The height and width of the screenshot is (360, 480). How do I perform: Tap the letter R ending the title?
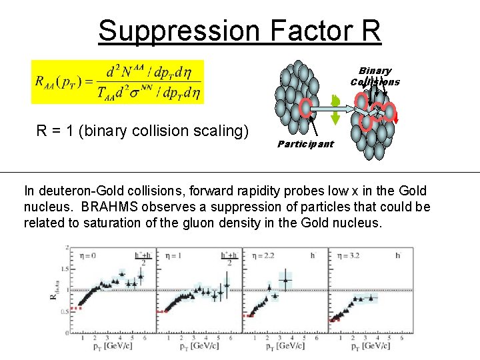370,31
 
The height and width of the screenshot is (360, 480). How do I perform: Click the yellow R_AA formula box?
117,82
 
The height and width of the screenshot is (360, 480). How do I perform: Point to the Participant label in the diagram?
305,144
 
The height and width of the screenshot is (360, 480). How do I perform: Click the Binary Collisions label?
375,76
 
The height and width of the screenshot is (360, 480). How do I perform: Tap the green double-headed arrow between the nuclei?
336,109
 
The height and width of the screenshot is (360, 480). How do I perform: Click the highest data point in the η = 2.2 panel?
285,280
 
